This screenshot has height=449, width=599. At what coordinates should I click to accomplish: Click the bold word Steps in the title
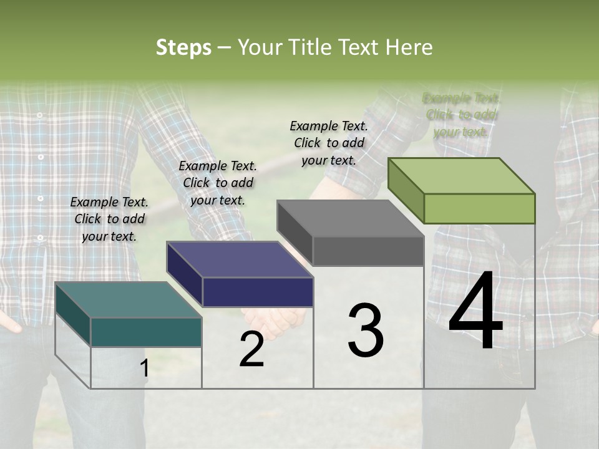click(183, 47)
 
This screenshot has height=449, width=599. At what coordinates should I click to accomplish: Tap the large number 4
click(475, 312)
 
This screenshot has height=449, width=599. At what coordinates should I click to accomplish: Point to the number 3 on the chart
click(366, 331)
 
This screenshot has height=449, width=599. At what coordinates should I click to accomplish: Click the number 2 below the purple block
click(251, 349)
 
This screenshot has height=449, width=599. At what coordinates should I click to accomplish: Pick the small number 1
click(144, 368)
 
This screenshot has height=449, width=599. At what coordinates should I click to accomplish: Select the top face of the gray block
click(351, 218)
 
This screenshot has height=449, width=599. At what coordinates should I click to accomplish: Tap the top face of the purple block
click(240, 259)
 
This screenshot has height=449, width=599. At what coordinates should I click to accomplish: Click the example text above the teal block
click(109, 219)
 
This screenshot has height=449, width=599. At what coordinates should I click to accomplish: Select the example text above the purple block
click(218, 183)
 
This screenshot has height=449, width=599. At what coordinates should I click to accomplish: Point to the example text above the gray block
click(329, 143)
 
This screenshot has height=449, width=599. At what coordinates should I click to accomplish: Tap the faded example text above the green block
click(461, 115)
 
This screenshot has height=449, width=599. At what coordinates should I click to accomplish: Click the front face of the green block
click(479, 208)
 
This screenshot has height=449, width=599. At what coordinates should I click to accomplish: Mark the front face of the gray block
click(368, 251)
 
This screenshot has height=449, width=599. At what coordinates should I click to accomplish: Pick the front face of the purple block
click(258, 292)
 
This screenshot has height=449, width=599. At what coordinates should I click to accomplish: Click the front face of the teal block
click(146, 332)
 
